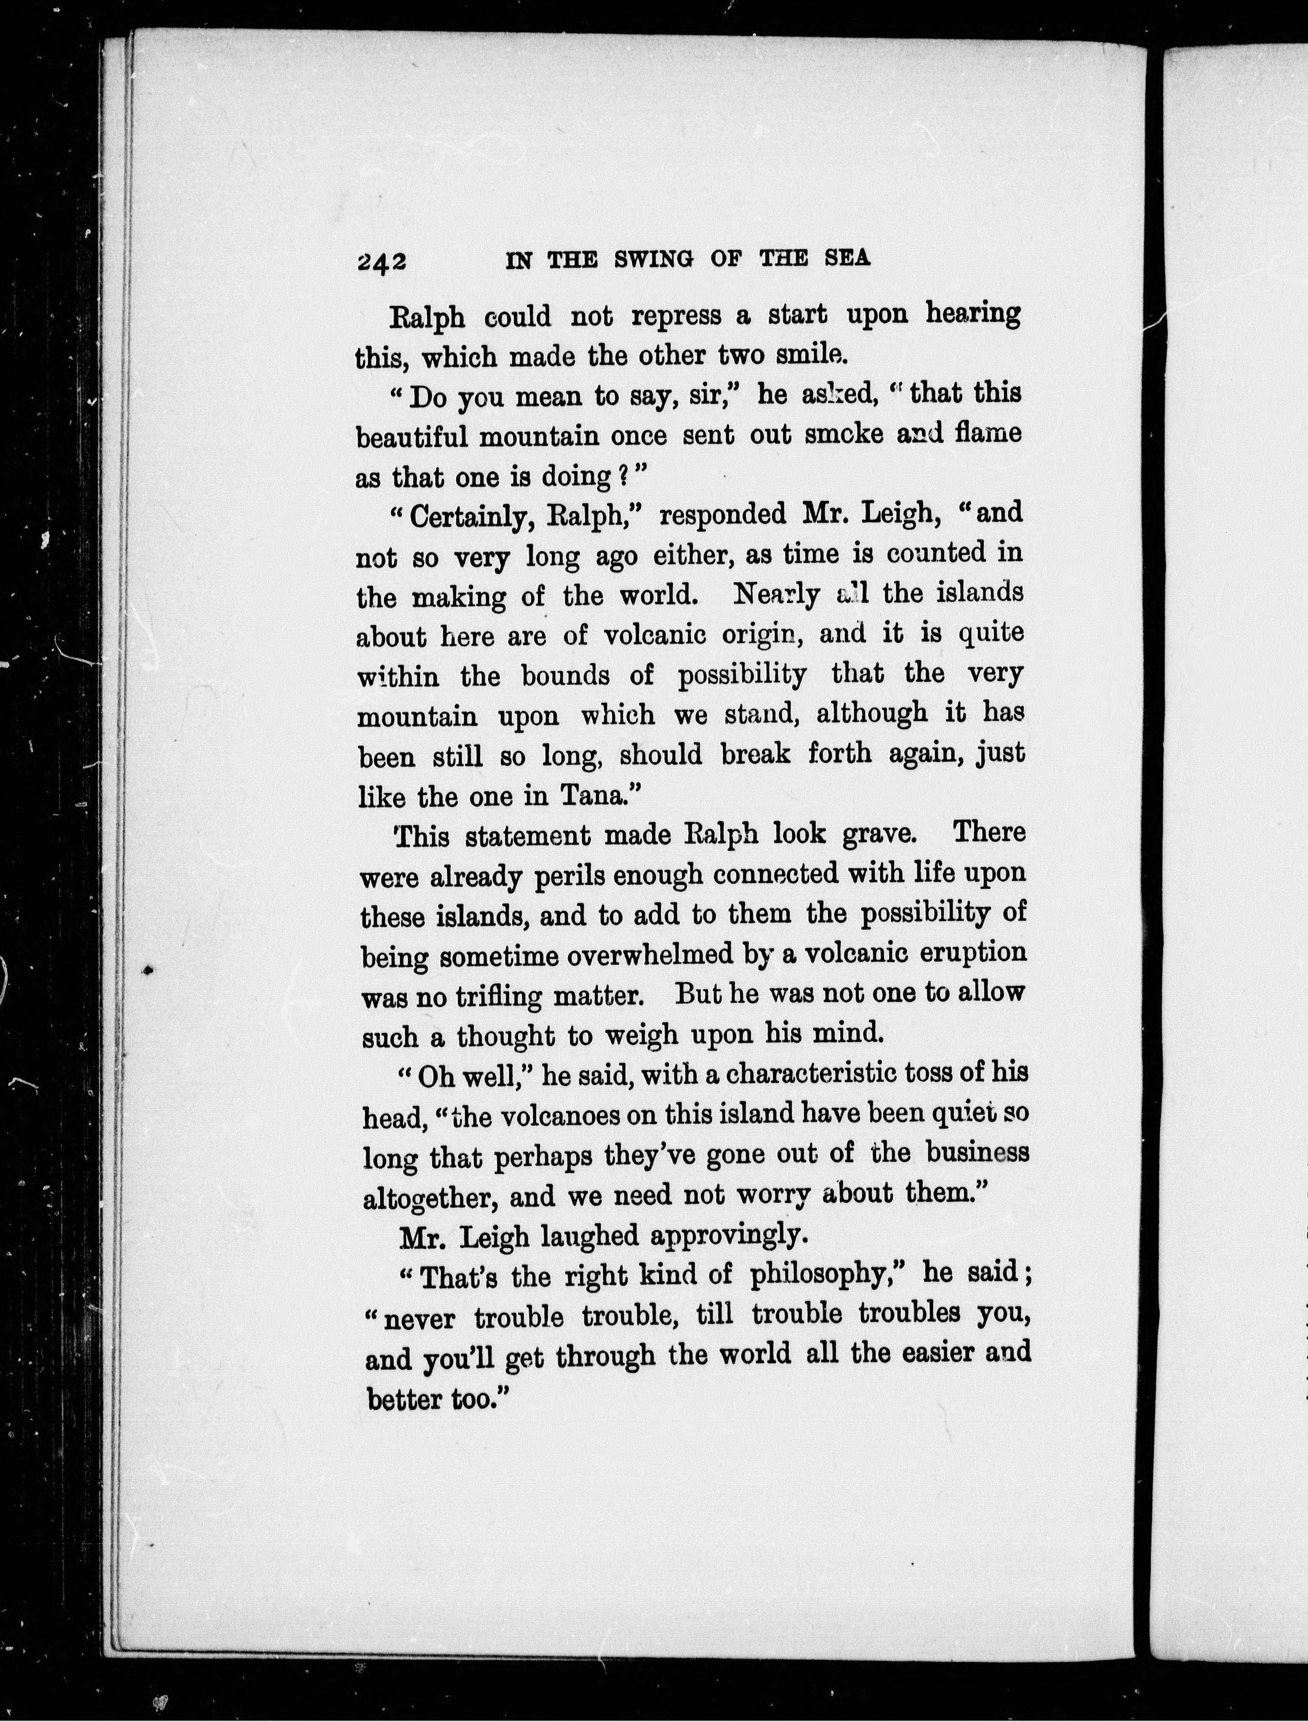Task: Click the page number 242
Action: click(382, 262)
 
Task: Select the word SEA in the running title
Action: click(847, 258)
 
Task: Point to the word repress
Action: click(676, 315)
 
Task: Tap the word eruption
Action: click(973, 953)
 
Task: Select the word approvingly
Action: click(724, 1235)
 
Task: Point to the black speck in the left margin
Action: click(148, 970)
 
